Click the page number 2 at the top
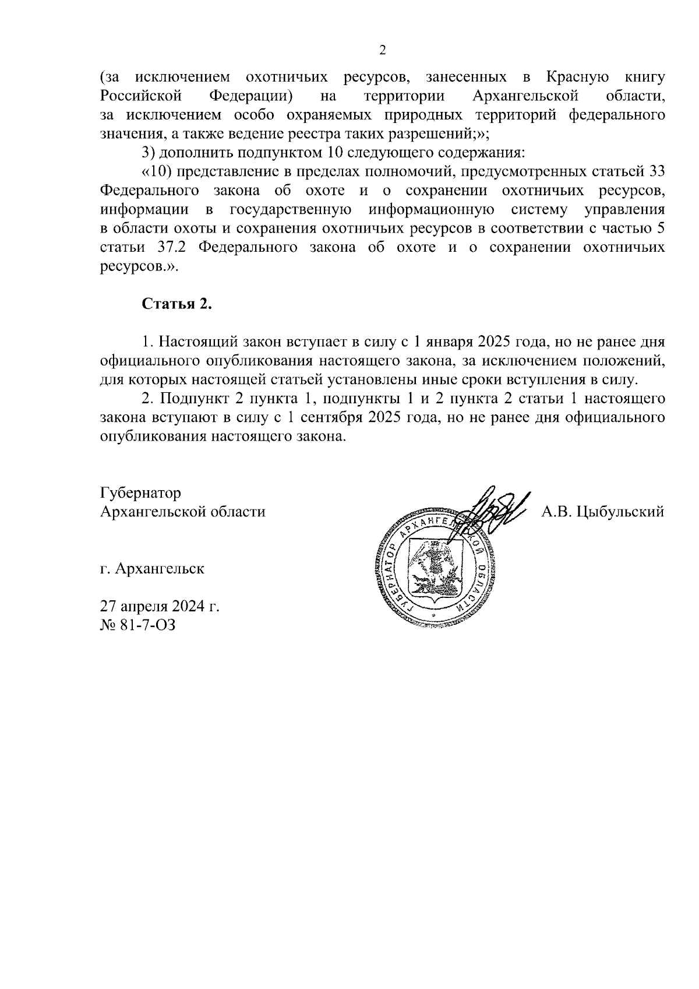383,50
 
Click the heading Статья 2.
176,304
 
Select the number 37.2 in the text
171,247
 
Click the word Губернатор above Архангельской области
140,493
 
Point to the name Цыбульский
620,512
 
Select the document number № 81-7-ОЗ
137,625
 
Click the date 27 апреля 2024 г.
160,607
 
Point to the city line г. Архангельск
152,568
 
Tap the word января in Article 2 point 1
450,342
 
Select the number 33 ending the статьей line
656,171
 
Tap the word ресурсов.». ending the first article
137,267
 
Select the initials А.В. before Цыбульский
557,512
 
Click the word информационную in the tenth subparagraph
432,209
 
